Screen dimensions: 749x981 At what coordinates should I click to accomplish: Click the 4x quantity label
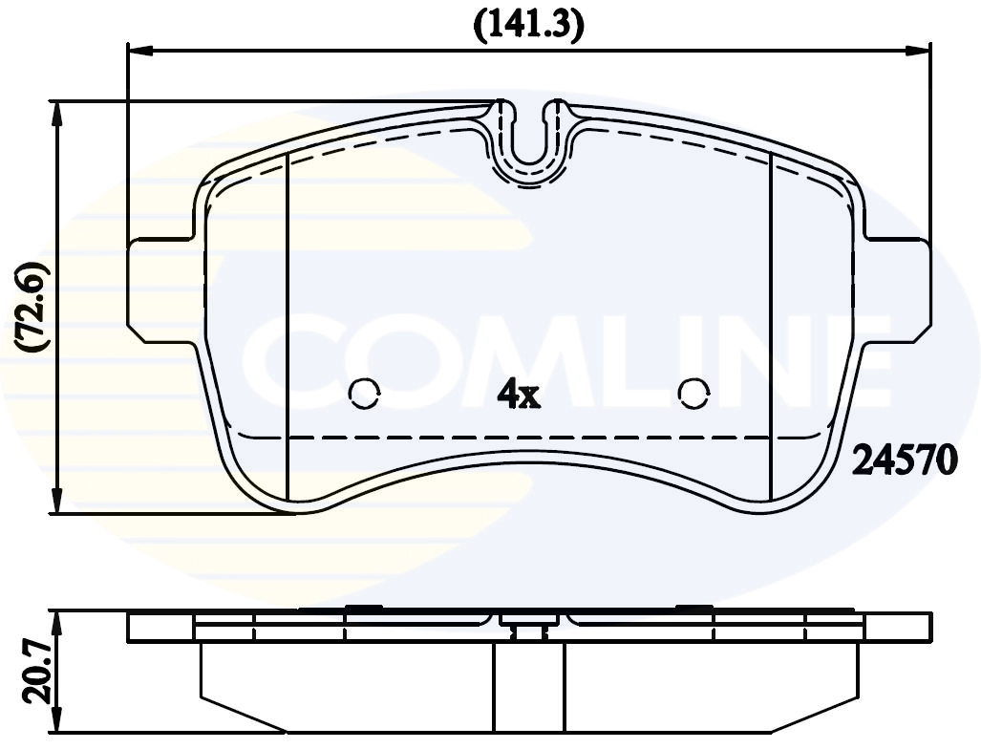click(x=519, y=395)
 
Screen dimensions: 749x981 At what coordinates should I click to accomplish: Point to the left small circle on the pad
click(x=364, y=392)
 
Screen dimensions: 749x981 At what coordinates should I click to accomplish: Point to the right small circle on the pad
click(x=693, y=392)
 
